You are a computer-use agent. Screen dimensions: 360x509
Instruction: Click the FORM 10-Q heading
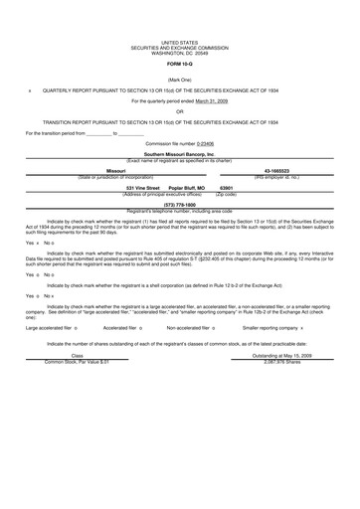179,63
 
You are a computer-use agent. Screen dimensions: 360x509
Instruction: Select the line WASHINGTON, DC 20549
179,51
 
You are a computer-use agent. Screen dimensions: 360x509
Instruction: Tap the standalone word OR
179,111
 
